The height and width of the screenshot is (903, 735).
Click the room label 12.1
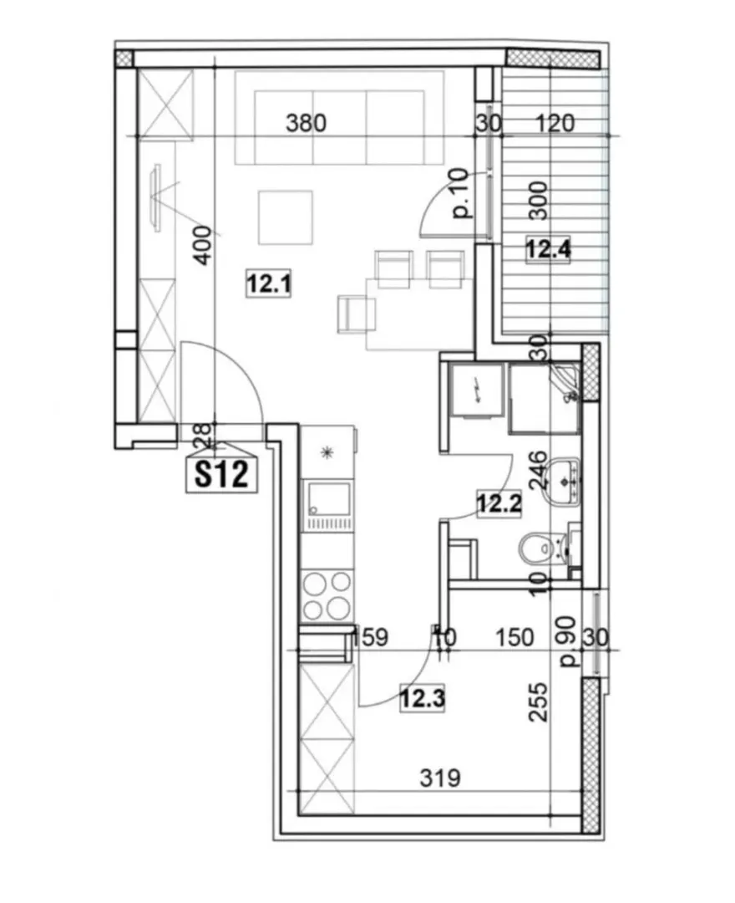[x=269, y=283]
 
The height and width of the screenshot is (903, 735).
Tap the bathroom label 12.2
[x=499, y=504]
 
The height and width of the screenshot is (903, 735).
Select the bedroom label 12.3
[x=423, y=699]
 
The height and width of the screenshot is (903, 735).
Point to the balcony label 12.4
[x=549, y=250]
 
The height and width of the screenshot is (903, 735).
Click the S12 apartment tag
[x=221, y=475]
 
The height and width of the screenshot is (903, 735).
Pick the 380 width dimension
[x=306, y=123]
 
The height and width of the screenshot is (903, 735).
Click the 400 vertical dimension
[x=202, y=245]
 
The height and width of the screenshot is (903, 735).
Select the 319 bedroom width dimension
[x=440, y=778]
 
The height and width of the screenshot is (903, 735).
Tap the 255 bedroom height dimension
[x=539, y=702]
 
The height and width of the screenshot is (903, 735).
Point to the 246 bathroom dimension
[x=538, y=471]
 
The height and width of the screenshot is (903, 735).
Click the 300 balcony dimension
[x=538, y=201]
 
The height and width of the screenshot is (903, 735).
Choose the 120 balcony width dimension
[x=555, y=123]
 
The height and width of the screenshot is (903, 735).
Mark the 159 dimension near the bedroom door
[x=370, y=637]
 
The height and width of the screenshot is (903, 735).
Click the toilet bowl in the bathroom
[x=540, y=548]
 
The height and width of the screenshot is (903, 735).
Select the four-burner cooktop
[x=327, y=595]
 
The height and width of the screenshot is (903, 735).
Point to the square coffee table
[x=286, y=217]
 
